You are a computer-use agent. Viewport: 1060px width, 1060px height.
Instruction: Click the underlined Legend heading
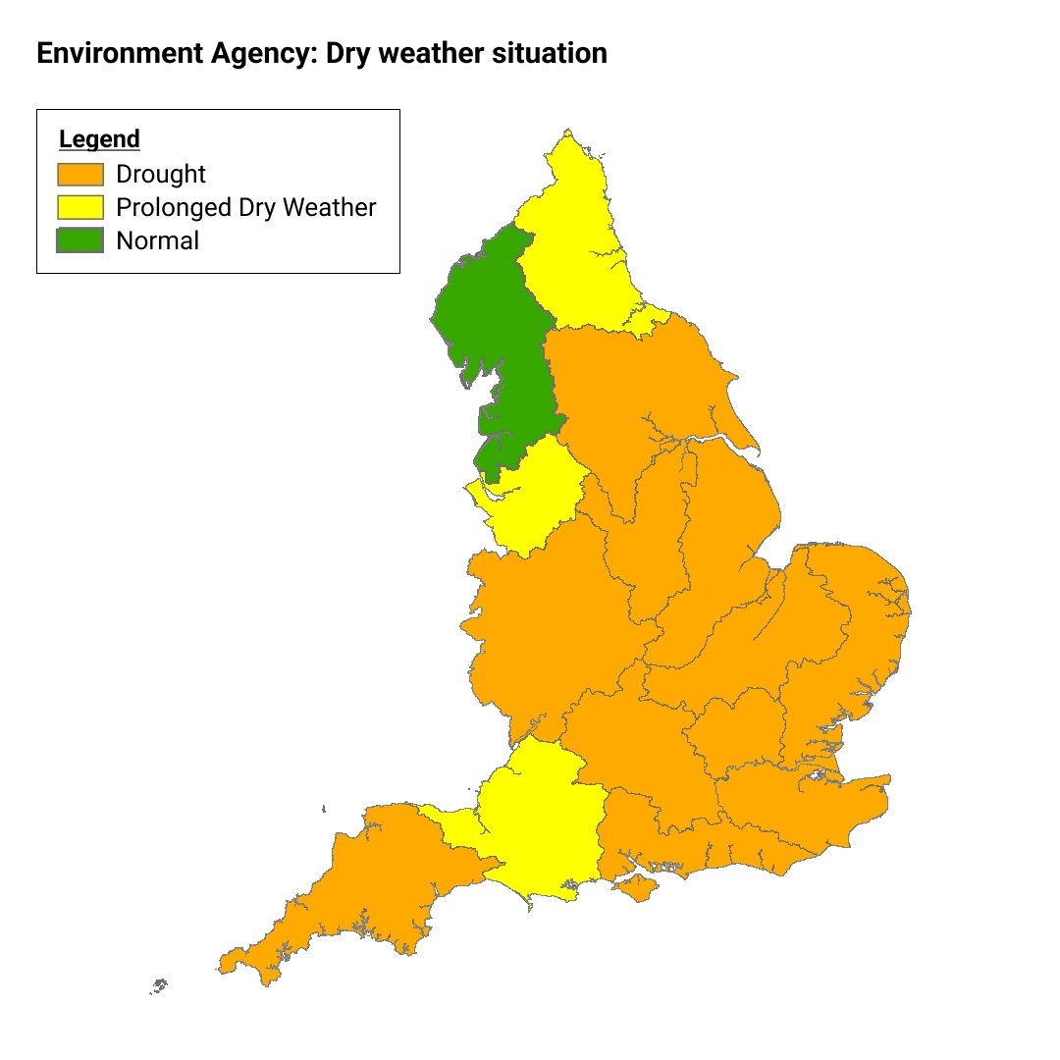99,139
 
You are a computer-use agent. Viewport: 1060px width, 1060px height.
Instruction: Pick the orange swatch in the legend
80,175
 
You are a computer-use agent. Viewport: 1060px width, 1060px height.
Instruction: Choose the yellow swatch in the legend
80,208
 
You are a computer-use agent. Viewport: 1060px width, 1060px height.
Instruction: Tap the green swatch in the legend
80,240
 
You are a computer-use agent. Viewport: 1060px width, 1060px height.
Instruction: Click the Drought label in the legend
161,175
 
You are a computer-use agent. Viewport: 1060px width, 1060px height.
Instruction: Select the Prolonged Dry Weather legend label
245,208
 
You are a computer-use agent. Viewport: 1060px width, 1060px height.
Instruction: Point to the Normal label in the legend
157,240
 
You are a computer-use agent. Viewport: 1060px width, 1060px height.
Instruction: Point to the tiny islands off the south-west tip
159,985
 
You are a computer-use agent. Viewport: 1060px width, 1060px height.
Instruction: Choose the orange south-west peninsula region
363,893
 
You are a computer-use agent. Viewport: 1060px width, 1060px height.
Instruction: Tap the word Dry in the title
344,54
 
